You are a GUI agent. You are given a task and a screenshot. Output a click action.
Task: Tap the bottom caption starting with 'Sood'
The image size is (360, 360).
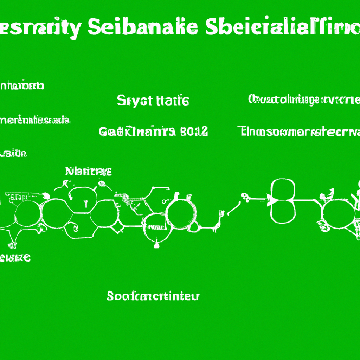tap(153, 296)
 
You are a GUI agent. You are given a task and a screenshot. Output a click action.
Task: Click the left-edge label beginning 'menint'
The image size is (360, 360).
tap(34, 121)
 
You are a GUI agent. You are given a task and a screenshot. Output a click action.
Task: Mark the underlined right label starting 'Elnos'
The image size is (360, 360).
tap(299, 131)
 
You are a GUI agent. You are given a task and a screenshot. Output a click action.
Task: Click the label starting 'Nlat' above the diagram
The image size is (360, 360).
tap(89, 172)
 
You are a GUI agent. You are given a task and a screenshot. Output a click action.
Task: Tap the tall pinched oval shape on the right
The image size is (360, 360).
tap(283, 200)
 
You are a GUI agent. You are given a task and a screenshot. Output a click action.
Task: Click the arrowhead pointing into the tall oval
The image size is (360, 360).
tap(269, 200)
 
